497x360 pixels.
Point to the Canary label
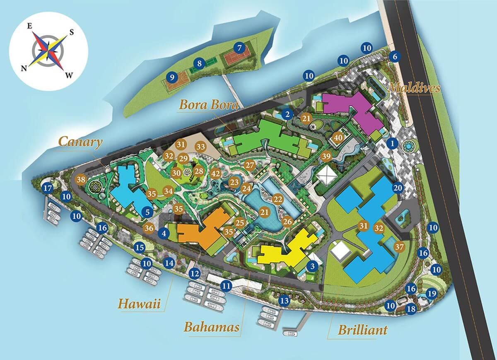pyautogui.click(x=80, y=142)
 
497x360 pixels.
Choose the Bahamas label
pyautogui.click(x=212, y=327)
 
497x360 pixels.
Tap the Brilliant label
pyautogui.click(x=362, y=330)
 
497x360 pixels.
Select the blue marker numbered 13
pyautogui.click(x=284, y=301)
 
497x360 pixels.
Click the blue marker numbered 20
pyautogui.click(x=398, y=188)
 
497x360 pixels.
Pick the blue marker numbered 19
pyautogui.click(x=432, y=294)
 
